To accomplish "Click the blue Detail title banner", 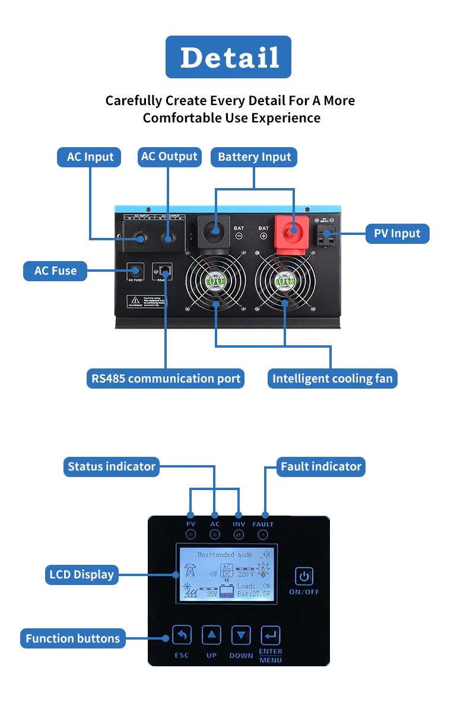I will (228, 57).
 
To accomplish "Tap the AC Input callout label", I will (90, 157).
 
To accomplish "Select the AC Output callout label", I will (169, 157).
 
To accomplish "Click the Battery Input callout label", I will (254, 157).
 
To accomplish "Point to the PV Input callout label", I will (397, 233).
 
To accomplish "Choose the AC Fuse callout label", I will (55, 271).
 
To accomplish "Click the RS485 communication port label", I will (166, 379).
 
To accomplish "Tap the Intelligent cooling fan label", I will (332, 379).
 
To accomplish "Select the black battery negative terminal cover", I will (214, 230).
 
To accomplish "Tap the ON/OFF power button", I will (304, 576).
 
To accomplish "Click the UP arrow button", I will (211, 635).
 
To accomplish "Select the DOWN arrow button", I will (240, 635).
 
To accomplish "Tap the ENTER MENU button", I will (270, 635).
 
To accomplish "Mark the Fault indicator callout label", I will (321, 466).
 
